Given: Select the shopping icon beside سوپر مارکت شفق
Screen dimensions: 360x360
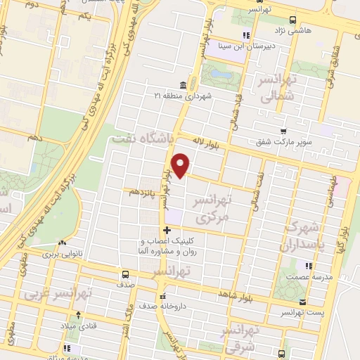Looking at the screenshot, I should click(x=283, y=131).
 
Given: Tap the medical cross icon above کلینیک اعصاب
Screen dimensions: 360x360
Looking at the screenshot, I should click(x=167, y=231).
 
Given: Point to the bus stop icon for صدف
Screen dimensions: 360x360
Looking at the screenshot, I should click(x=126, y=274).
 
